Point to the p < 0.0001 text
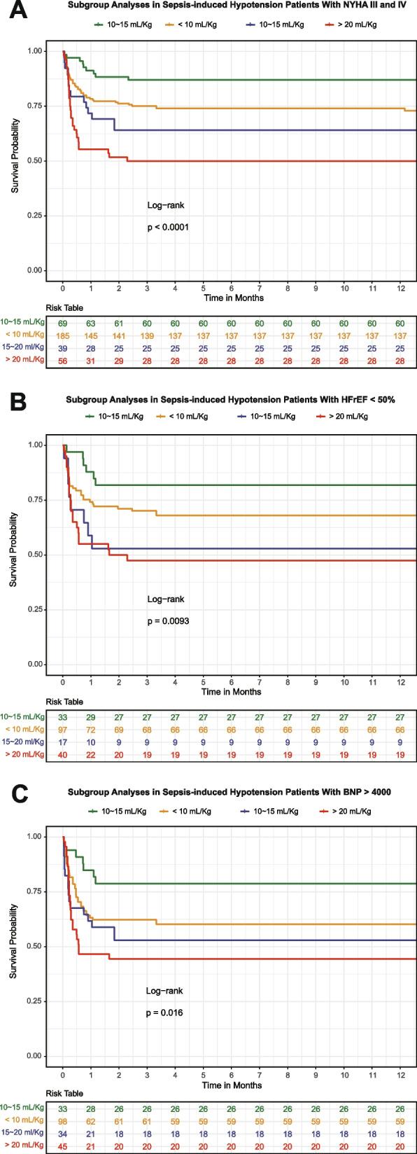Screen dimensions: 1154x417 point(168,227)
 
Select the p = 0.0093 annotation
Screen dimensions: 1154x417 point(168,620)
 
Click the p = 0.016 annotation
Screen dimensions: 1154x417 point(166,1013)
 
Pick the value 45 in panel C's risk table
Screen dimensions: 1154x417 point(63,1146)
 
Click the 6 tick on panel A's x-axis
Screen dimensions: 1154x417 point(232,287)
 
